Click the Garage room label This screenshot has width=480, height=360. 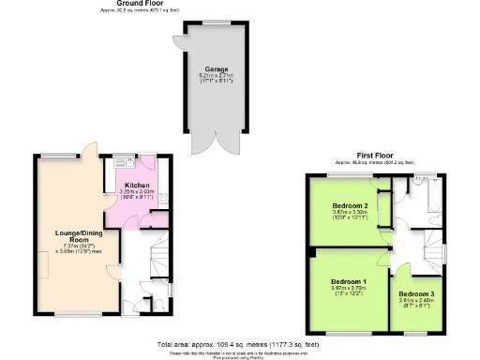tap(217, 68)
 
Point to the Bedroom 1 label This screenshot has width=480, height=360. tap(348, 282)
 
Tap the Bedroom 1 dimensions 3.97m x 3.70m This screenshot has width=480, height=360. tap(348, 290)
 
